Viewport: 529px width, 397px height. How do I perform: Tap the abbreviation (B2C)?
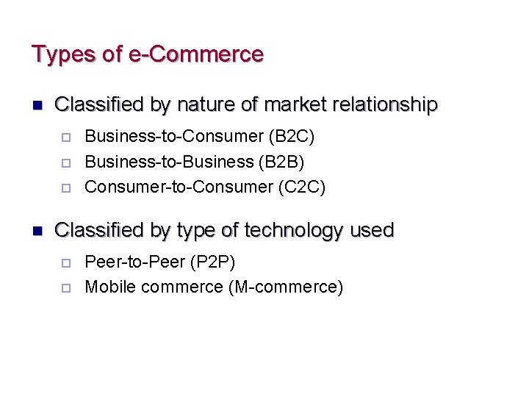tap(292, 136)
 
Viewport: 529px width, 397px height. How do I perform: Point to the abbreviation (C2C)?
tap(301, 187)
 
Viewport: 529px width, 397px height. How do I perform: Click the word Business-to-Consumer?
tap(174, 136)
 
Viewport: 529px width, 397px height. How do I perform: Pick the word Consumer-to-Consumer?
tap(179, 187)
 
